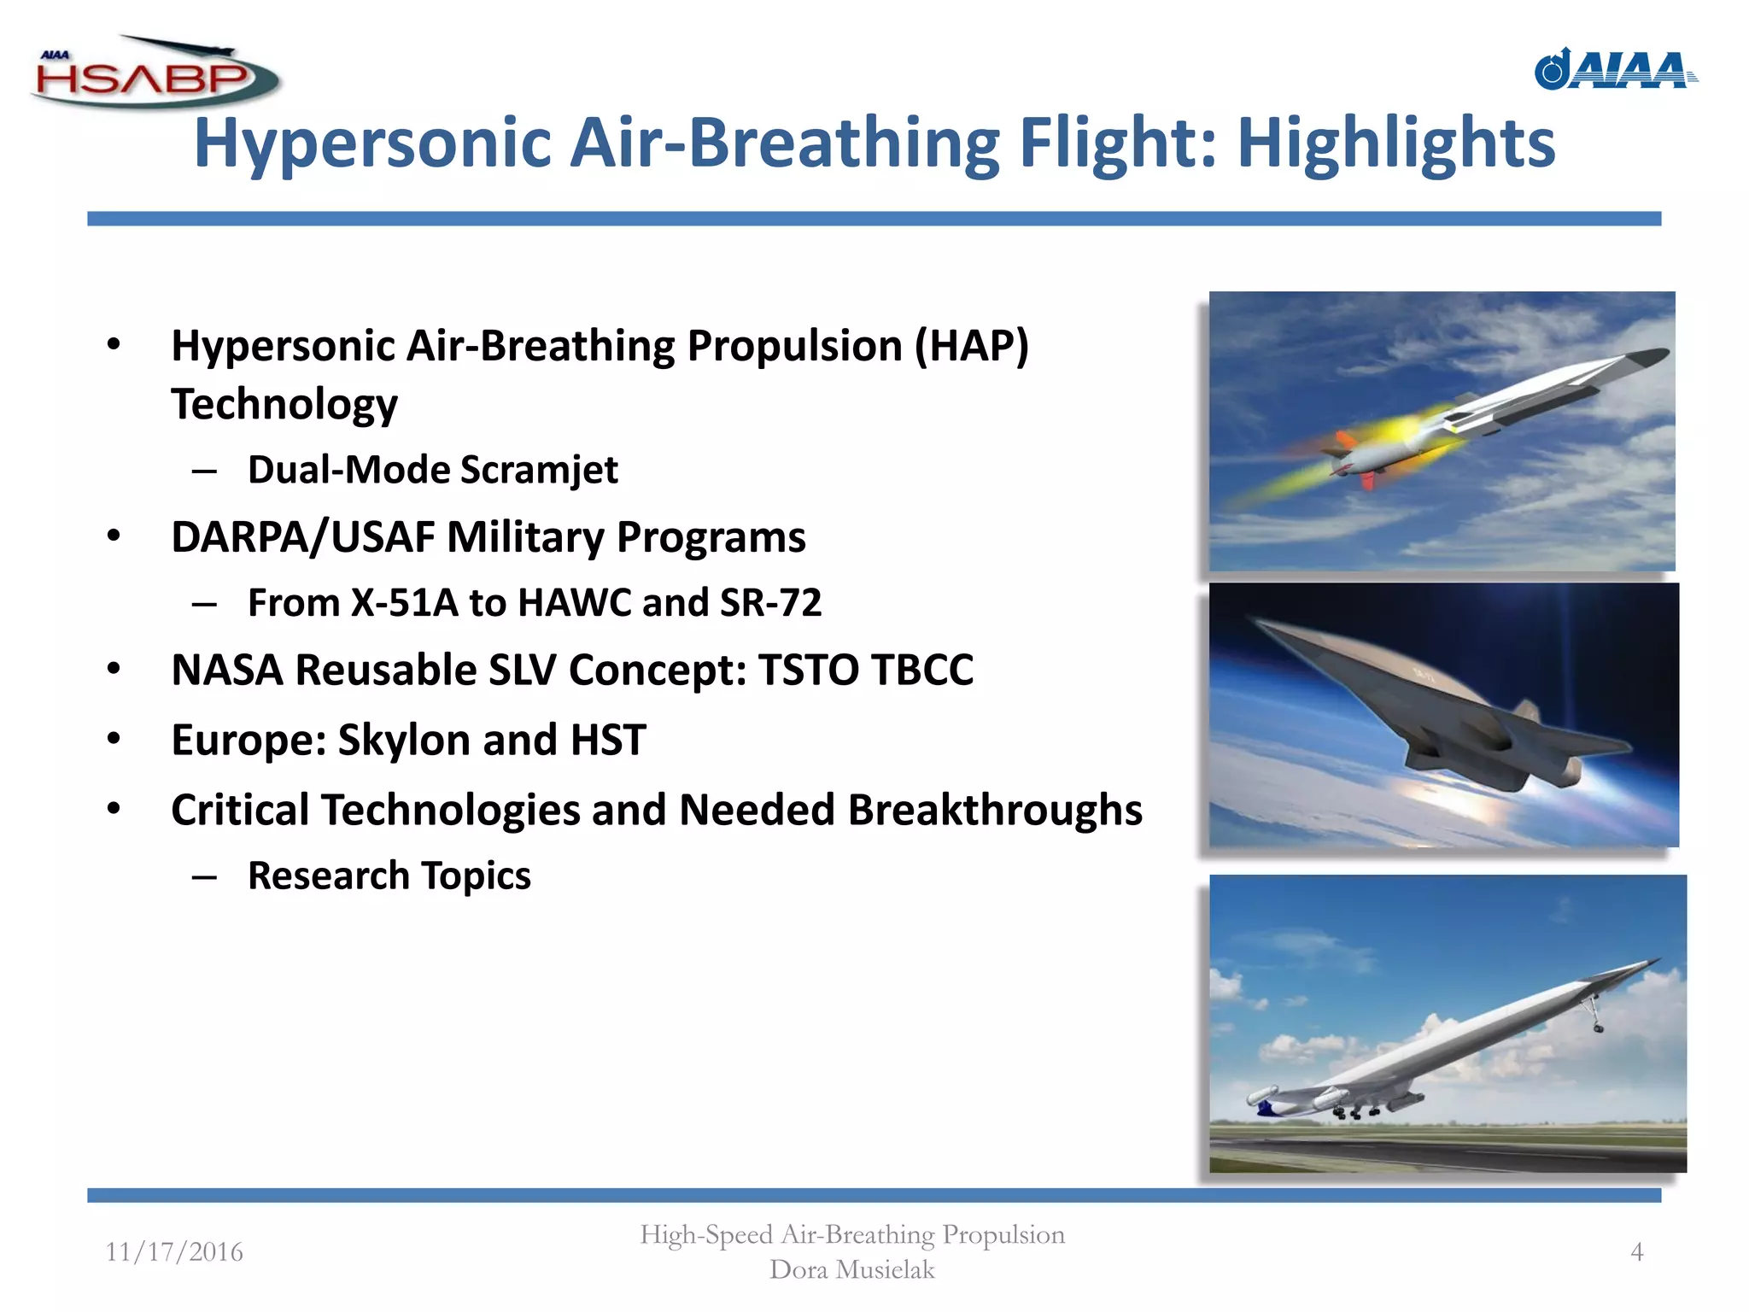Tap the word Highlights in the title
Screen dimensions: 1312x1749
pyautogui.click(x=1396, y=143)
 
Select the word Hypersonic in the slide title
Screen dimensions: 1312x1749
pyautogui.click(x=372, y=143)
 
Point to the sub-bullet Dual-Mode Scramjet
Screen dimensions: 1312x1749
pyautogui.click(x=432, y=470)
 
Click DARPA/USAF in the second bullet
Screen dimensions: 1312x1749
pyautogui.click(x=302, y=537)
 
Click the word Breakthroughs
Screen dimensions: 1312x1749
pyautogui.click(x=995, y=810)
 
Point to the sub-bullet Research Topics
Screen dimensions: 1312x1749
pyautogui.click(x=389, y=876)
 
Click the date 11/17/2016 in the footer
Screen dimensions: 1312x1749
pyautogui.click(x=174, y=1252)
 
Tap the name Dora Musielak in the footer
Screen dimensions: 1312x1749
pyautogui.click(x=851, y=1270)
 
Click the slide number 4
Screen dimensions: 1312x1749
pyautogui.click(x=1636, y=1252)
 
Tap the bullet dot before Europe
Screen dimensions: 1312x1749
pyautogui.click(x=114, y=740)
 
